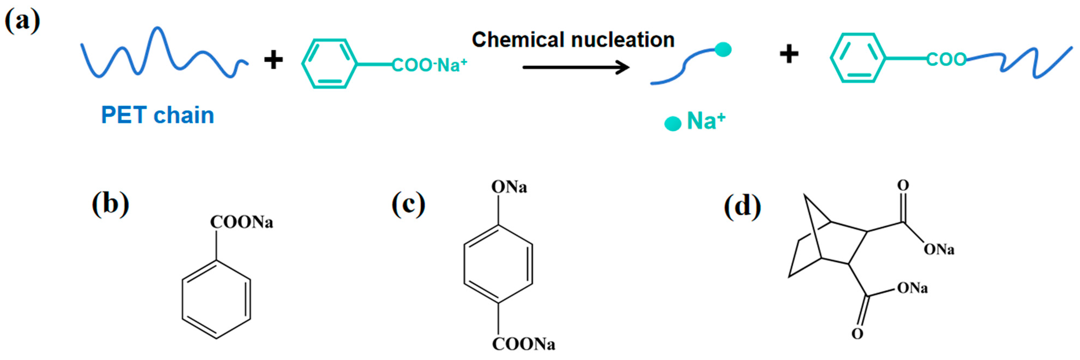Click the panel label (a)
(x=22, y=21)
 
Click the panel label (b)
(x=110, y=204)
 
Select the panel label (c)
(x=408, y=204)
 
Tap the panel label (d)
(x=742, y=206)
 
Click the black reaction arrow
(x=575, y=67)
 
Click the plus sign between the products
(x=789, y=54)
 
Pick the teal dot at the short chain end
(x=723, y=49)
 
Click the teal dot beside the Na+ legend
(x=673, y=124)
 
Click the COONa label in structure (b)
(x=241, y=222)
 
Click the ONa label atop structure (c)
(x=509, y=187)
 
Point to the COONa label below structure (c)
(x=523, y=344)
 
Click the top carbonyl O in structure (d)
(x=903, y=185)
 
